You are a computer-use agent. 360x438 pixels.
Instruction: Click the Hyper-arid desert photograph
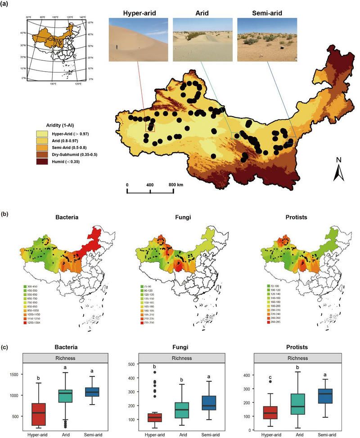pos(138,39)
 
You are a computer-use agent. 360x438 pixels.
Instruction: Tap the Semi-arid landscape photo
pos(267,39)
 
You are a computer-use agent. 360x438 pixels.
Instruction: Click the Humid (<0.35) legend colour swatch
pos(43,161)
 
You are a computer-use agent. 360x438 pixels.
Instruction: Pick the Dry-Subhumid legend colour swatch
pos(43,154)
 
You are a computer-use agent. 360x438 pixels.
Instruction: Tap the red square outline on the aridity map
pos(150,127)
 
